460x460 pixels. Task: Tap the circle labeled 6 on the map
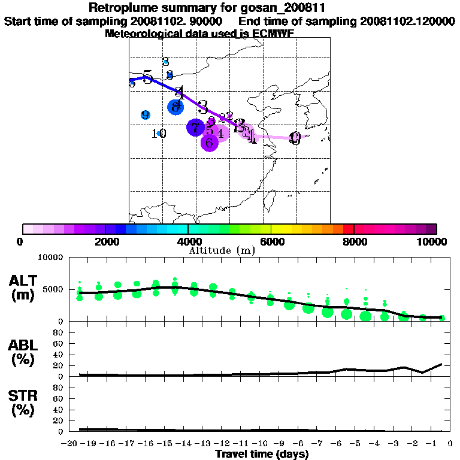(x=209, y=143)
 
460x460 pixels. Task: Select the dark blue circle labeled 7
(x=195, y=128)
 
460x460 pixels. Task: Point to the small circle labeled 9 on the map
(x=146, y=115)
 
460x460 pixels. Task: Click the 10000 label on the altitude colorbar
(x=432, y=241)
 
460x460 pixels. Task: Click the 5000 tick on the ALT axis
(x=53, y=289)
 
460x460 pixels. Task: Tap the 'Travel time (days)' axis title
(x=262, y=455)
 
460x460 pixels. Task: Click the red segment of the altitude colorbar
(x=349, y=229)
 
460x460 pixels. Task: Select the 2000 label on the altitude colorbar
(x=105, y=241)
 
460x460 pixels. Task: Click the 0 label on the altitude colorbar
(x=21, y=241)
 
